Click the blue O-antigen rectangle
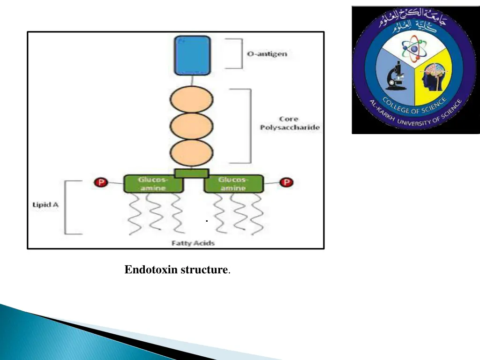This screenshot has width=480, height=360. coord(192,56)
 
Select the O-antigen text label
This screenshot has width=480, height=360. coord(267,54)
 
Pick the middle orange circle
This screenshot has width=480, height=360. coord(190,127)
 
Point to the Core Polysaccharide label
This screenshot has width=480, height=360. coord(289,123)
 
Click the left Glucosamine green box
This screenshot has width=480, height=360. coord(153,184)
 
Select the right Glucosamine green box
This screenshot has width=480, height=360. coord(233,184)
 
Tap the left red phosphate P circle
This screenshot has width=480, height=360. coord(101,182)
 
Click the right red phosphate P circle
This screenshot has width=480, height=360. coord(287,182)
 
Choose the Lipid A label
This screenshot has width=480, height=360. coord(45,204)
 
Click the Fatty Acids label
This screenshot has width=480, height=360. coord(193,243)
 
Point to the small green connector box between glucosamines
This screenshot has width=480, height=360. coord(191,173)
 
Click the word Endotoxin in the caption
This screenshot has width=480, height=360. coord(151,270)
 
